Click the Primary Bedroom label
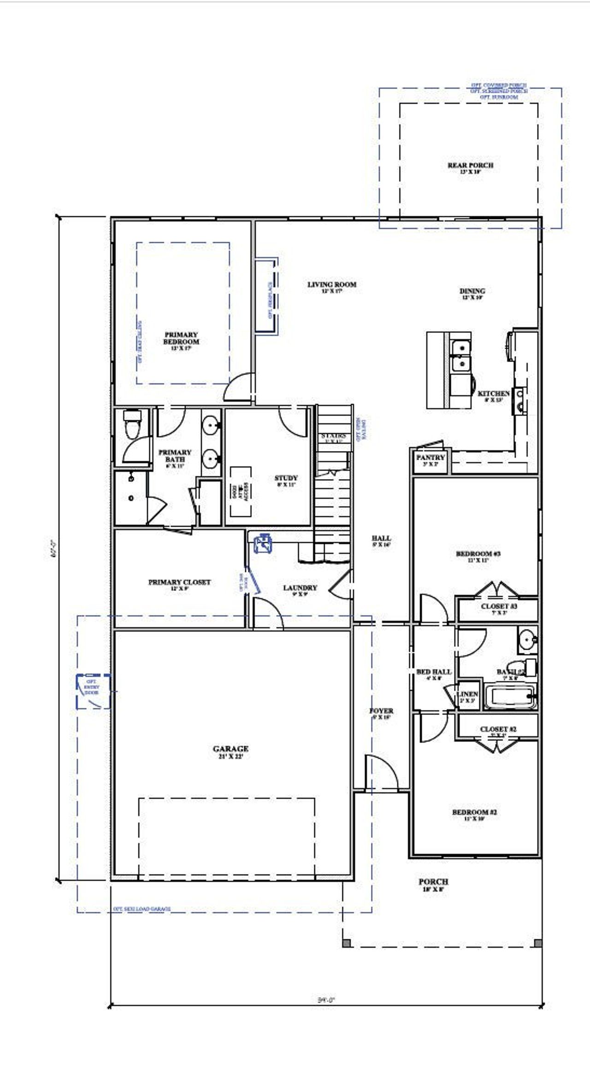(181, 339)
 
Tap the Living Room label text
(332, 285)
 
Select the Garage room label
(230, 749)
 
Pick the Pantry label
(430, 457)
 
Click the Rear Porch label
(470, 166)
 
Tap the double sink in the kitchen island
(460, 356)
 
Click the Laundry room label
(300, 588)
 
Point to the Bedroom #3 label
(478, 554)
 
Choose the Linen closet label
(467, 694)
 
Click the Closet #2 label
(498, 730)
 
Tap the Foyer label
(381, 711)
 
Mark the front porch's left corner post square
(347, 943)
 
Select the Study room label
(286, 478)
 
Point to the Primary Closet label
(179, 582)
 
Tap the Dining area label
(472, 291)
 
